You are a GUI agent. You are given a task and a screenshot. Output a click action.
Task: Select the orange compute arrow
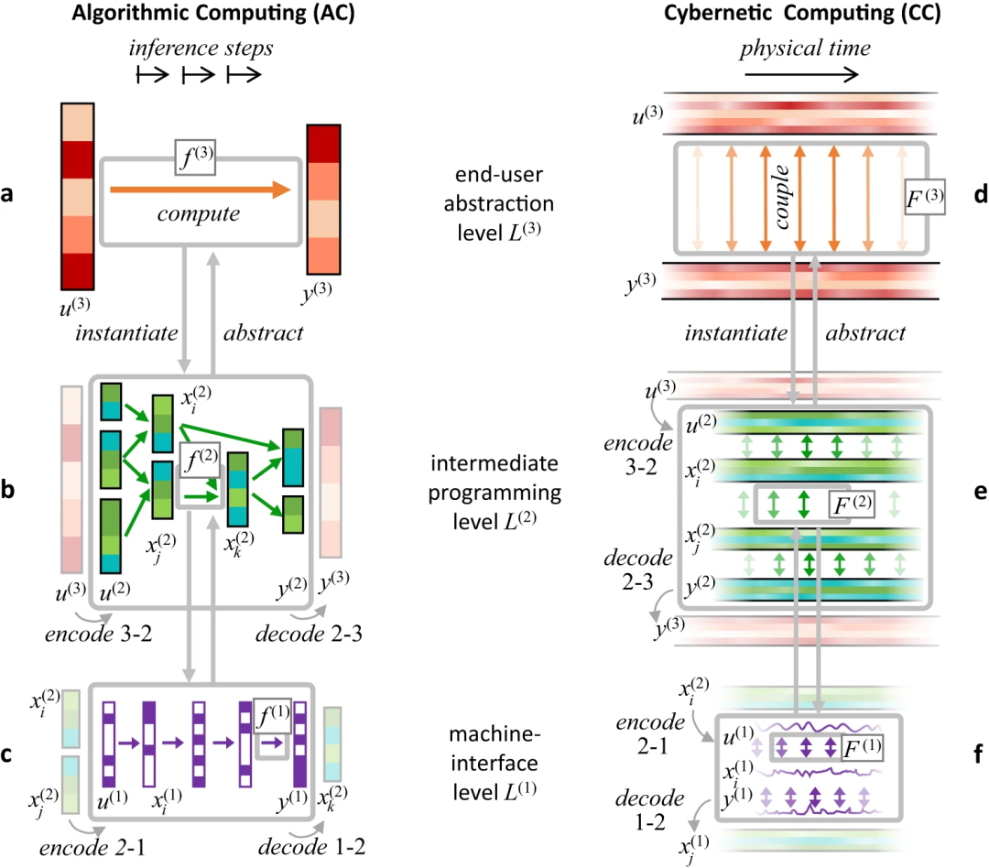198,190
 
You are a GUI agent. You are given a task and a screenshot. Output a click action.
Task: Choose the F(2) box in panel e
839,504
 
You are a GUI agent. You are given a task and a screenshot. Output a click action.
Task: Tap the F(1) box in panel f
861,747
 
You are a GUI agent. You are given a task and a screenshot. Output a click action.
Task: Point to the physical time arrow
801,75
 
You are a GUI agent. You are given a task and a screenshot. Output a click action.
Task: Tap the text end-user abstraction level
495,195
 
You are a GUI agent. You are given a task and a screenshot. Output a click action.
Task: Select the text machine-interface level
495,758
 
